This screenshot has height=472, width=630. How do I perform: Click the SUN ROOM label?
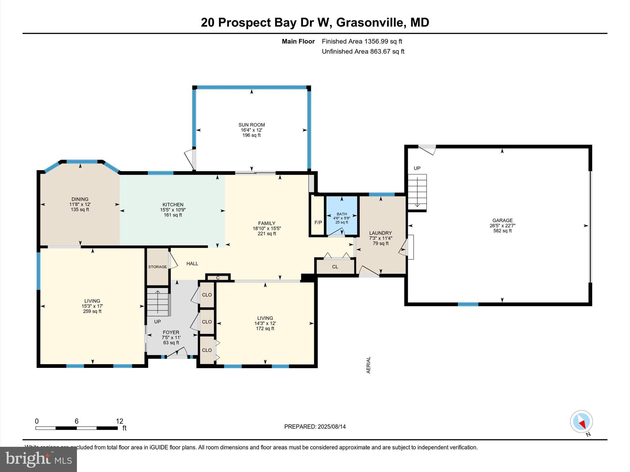pyautogui.click(x=251, y=125)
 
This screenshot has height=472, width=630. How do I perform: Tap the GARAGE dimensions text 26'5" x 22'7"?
pyautogui.click(x=502, y=226)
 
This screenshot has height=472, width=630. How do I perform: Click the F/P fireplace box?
pyautogui.click(x=318, y=222)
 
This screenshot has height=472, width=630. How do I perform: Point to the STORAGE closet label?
pyautogui.click(x=157, y=267)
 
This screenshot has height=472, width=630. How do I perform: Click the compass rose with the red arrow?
pyautogui.click(x=581, y=422)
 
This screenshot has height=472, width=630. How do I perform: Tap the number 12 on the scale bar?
pyautogui.click(x=119, y=421)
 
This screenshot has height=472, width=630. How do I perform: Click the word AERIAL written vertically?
pyautogui.click(x=369, y=365)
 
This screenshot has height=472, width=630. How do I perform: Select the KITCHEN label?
pyautogui.click(x=173, y=205)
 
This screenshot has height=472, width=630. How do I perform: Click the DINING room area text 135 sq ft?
pyautogui.click(x=80, y=210)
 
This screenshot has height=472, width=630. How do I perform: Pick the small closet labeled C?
pyautogui.click(x=218, y=278)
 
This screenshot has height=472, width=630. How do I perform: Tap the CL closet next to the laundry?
pyautogui.click(x=335, y=267)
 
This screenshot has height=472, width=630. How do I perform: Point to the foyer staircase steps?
pyautogui.click(x=158, y=302)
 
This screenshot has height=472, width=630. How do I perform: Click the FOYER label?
pyautogui.click(x=171, y=332)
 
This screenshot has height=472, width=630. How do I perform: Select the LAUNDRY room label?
pyautogui.click(x=381, y=233)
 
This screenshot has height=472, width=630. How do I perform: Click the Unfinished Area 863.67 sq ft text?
pyautogui.click(x=363, y=52)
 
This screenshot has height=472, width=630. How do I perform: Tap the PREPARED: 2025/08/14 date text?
pyautogui.click(x=315, y=427)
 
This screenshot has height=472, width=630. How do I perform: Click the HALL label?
pyautogui.click(x=192, y=264)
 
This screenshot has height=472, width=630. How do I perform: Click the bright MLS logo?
pyautogui.click(x=38, y=459)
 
